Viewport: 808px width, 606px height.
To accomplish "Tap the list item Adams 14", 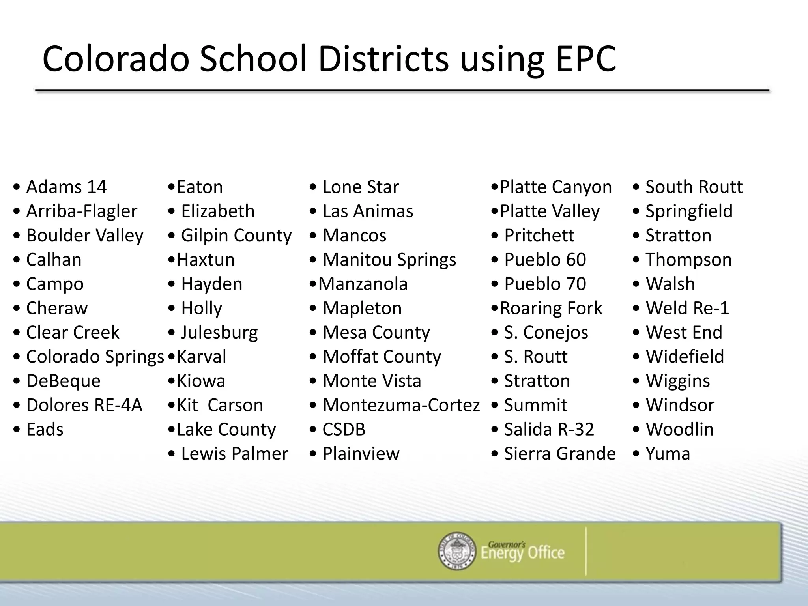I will click(66, 187).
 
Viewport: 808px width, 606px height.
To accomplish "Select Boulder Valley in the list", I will click(84, 236).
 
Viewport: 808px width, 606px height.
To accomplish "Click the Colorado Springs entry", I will click(95, 357).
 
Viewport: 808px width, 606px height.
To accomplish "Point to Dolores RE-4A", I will click(84, 405).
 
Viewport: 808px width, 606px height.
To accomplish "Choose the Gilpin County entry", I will click(236, 236).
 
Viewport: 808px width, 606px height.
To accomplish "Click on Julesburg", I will click(219, 333).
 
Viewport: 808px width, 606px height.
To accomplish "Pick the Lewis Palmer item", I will click(234, 454).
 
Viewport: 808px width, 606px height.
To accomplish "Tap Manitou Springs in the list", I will click(389, 260).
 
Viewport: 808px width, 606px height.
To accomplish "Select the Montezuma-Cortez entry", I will click(401, 405).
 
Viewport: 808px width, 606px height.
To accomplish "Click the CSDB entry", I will click(344, 429).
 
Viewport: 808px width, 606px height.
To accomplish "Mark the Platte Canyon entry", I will click(555, 187).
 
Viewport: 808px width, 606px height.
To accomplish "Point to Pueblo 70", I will click(545, 284).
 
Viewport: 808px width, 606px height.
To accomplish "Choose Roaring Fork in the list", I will click(551, 308).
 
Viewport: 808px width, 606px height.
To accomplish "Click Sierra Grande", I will click(559, 454).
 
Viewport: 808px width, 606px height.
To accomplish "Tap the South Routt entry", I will click(694, 187).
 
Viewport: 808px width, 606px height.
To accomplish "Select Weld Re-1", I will click(687, 308).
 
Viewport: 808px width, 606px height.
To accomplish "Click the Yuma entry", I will click(668, 454).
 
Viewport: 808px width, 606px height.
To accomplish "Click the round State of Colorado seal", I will click(457, 551).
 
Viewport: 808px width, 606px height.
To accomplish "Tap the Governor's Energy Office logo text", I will click(522, 552).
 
